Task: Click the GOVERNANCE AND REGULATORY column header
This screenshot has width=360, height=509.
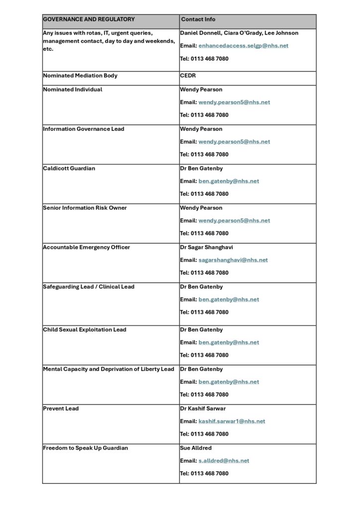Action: [89, 19]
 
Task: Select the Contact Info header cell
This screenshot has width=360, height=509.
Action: [198, 19]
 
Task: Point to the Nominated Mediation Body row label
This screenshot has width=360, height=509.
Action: [80, 76]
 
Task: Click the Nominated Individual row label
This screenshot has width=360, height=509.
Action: [73, 89]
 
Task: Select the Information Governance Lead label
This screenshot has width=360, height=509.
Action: [84, 129]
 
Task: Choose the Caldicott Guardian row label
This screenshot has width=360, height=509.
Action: [69, 169]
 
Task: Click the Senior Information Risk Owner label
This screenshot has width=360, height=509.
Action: [85, 208]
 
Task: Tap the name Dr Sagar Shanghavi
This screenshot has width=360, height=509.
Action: [206, 248]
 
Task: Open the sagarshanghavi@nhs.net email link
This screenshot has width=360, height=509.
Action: [233, 260]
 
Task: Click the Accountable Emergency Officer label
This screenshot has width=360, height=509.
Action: [87, 248]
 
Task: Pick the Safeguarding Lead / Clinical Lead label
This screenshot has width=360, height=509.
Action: [89, 287]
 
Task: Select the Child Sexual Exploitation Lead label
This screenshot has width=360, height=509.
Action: [85, 330]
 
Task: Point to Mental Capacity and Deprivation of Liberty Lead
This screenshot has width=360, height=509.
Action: [108, 369]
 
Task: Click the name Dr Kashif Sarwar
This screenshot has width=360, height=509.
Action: [203, 409]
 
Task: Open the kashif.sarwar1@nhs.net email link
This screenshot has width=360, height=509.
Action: [232, 422]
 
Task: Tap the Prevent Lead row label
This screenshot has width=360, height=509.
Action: [61, 409]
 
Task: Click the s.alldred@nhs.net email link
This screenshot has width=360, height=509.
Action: [224, 461]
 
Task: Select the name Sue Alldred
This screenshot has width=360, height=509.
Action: [196, 448]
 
